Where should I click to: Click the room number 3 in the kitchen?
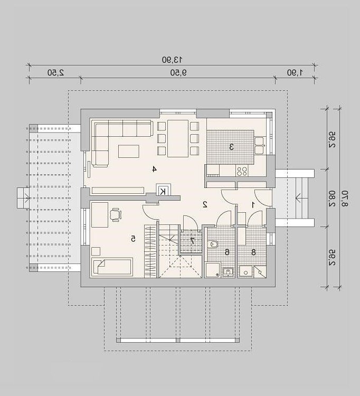pyautogui.click(x=231, y=147)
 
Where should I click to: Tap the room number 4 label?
pyautogui.click(x=154, y=169)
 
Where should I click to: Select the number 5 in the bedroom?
pyautogui.click(x=133, y=239)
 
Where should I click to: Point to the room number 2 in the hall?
pyautogui.click(x=205, y=204)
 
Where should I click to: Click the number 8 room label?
pyautogui.click(x=253, y=252)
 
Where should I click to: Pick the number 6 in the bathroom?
pyautogui.click(x=227, y=252)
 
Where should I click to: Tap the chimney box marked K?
pyautogui.click(x=163, y=191)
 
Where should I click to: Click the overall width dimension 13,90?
pyautogui.click(x=172, y=60)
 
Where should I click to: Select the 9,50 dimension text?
pyautogui.click(x=178, y=73)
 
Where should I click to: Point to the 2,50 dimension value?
pyautogui.click(x=56, y=73)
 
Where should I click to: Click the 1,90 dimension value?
pyautogui.click(x=295, y=73)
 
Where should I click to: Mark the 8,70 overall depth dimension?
pyautogui.click(x=345, y=199)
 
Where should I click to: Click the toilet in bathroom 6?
pyautogui.click(x=213, y=244)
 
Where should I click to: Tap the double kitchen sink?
pyautogui.click(x=259, y=146)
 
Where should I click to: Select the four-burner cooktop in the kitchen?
pyautogui.click(x=242, y=171)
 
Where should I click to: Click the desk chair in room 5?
pyautogui.click(x=116, y=215)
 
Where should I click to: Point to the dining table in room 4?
pyautogui.click(x=178, y=138)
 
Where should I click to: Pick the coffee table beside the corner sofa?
pyautogui.click(x=128, y=152)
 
